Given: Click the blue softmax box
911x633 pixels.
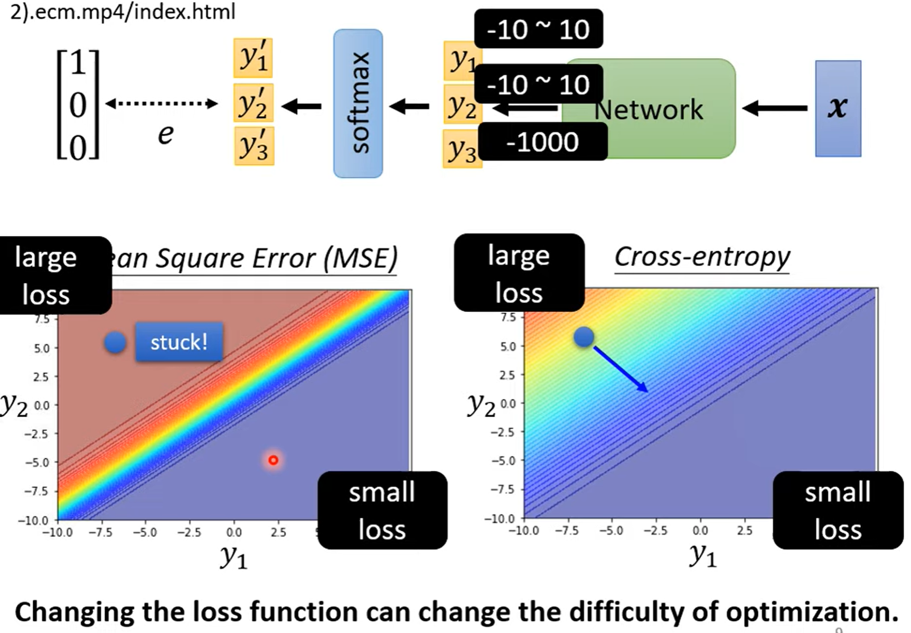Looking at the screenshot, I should pos(358,103).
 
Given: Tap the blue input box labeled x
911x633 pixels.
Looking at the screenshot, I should pos(838,108).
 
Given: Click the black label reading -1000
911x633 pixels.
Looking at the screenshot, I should pos(543,142).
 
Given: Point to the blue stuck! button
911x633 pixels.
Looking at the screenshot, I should pos(179,342).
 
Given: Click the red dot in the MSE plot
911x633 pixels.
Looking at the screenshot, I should pos(273,460).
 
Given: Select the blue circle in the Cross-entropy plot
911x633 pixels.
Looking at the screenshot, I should pos(584,337).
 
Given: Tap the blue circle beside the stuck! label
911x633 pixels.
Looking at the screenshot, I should pos(115,342).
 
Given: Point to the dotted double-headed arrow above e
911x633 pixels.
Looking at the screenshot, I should pos(162,103).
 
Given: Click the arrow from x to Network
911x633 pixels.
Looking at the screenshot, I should pos(775,108).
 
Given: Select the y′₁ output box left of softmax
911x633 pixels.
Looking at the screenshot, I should pos(253,57).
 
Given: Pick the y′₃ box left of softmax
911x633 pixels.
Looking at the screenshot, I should pos(253,146).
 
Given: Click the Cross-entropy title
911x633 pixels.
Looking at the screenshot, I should pos(702,257).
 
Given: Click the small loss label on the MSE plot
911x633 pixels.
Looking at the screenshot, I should pos(382,510).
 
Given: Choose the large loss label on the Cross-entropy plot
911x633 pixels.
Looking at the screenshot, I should pos(519,273).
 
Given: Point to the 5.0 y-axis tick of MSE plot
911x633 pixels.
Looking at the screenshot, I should pos(42,348).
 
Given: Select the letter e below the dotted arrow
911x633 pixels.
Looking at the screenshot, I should pos(165,134).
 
